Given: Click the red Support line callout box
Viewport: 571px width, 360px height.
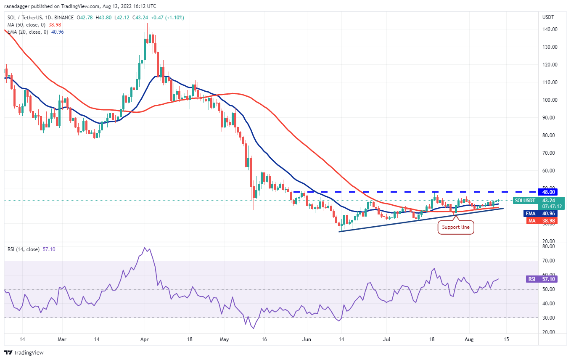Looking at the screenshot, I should [456, 228].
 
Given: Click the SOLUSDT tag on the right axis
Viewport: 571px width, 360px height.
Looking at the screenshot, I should [525, 201].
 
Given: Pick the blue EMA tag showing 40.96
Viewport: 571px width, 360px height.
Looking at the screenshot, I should [530, 213].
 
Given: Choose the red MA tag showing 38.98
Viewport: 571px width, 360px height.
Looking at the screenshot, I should [530, 220].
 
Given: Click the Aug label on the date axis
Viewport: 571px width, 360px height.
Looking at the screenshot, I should [470, 339].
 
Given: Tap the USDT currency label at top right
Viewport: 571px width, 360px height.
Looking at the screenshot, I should [548, 17].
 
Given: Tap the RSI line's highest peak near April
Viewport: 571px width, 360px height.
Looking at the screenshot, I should [145, 248].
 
